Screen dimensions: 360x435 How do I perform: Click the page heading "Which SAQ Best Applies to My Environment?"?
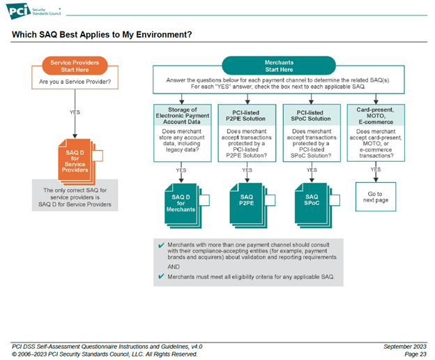102,34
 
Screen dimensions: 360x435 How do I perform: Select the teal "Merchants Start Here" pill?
279,66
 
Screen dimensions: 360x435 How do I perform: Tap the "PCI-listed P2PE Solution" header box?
247,115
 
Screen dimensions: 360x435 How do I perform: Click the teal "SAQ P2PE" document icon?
247,202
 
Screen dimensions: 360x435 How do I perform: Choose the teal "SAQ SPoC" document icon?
311,202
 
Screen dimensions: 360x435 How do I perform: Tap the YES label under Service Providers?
75,112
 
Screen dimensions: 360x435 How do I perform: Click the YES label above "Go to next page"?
375,170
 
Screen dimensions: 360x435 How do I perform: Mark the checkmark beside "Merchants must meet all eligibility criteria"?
162,277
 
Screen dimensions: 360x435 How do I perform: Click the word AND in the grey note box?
174,267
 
